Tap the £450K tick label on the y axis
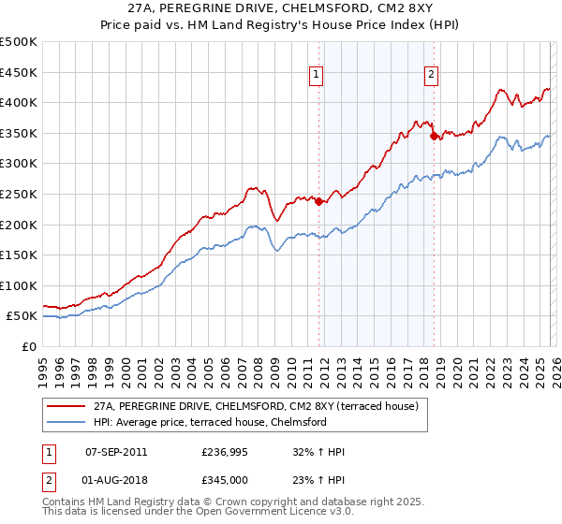coord(19,72)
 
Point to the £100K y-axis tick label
coord(19,285)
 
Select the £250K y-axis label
coord(19,194)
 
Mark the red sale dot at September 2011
coord(318,201)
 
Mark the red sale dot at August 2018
coord(434,136)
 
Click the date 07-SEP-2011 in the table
coord(116,452)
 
